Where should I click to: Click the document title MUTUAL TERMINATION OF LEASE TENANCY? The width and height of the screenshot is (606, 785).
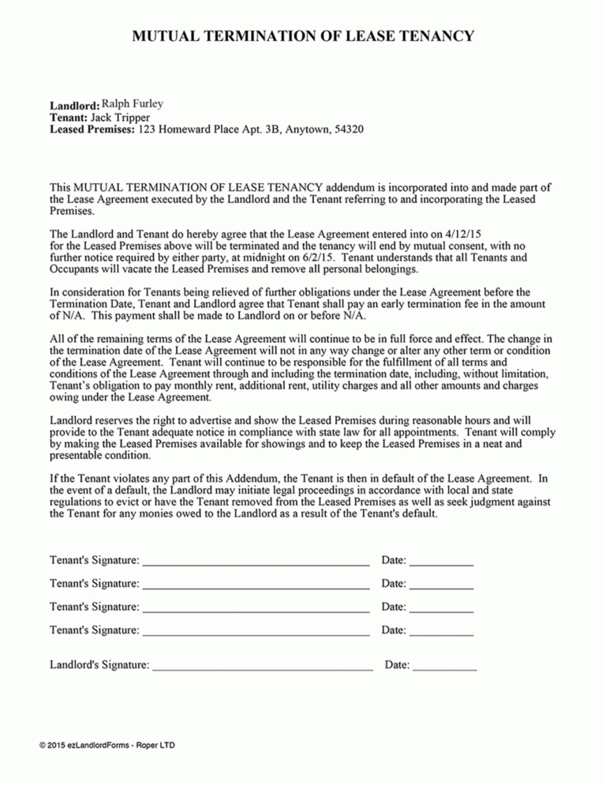[303, 36]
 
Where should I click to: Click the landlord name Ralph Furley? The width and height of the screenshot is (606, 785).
[133, 104]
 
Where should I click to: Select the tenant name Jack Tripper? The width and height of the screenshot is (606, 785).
[115, 117]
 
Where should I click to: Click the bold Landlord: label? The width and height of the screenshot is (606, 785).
[74, 105]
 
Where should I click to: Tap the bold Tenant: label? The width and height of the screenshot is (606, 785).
[68, 117]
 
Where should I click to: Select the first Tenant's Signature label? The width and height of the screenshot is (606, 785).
[95, 560]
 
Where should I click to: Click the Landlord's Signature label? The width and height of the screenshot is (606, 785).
[99, 666]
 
